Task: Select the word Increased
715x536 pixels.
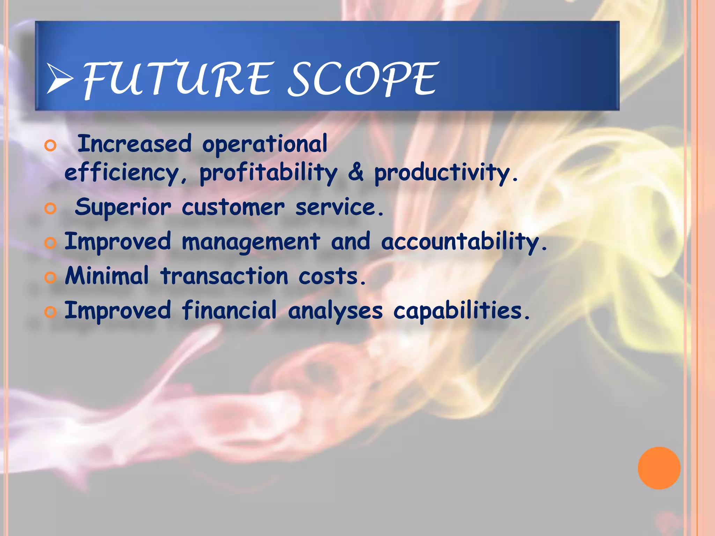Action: (134, 144)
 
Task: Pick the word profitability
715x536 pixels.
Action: (268, 173)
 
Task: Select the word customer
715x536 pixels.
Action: (233, 208)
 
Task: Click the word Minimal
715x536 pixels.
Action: (107, 276)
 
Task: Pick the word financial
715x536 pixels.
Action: (229, 310)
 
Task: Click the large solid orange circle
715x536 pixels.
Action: (659, 468)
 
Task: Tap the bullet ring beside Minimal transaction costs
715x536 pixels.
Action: (50, 278)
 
